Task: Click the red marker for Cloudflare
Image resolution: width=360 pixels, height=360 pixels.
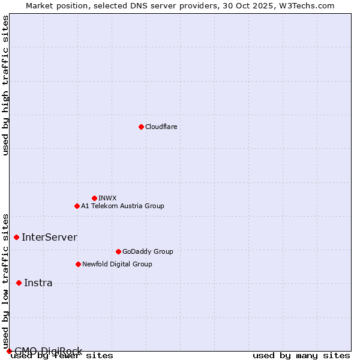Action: (x=141, y=127)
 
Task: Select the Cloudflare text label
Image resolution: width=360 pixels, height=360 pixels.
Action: (x=161, y=127)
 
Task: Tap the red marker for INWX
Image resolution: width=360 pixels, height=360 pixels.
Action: (x=94, y=198)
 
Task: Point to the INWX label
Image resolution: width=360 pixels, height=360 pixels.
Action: (x=107, y=198)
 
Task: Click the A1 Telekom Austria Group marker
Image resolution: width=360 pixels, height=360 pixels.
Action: (x=77, y=206)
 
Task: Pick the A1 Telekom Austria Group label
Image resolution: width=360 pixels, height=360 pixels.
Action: (x=122, y=206)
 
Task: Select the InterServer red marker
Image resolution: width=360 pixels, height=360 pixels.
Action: (x=16, y=237)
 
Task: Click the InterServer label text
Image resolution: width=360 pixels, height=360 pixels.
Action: (x=49, y=237)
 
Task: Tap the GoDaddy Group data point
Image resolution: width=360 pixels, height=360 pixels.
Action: (x=118, y=251)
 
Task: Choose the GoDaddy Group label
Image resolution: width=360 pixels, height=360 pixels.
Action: (x=148, y=251)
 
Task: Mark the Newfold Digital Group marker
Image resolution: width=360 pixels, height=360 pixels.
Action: (x=78, y=264)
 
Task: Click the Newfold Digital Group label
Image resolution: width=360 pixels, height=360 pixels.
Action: (x=117, y=264)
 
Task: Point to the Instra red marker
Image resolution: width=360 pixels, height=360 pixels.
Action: (x=19, y=283)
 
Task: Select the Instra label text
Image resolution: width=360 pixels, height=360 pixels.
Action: (x=38, y=283)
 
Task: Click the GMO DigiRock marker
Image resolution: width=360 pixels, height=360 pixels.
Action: (x=9, y=351)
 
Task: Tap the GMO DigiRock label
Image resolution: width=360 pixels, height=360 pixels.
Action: (x=48, y=351)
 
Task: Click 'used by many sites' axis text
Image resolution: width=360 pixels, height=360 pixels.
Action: (x=301, y=356)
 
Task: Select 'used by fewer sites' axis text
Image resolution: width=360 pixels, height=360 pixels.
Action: (x=62, y=356)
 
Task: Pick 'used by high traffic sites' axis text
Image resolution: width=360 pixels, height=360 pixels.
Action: (x=6, y=85)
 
